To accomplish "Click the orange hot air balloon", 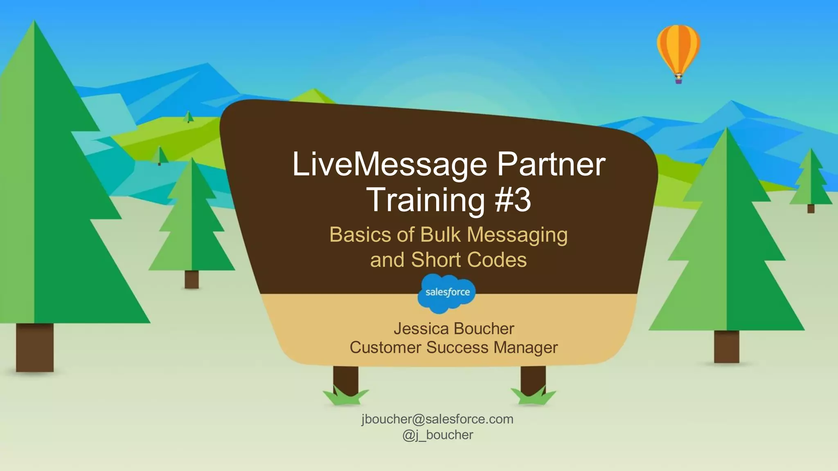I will tap(678, 48).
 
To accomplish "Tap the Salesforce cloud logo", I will tap(447, 293).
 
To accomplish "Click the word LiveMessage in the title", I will tap(389, 164).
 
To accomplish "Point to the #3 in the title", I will tap(513, 200).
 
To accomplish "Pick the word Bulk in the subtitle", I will tap(440, 235).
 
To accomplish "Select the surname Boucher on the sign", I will tap(484, 329).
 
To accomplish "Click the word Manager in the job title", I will tap(525, 348).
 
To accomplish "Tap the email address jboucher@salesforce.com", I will tap(437, 419).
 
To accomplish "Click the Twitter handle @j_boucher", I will tap(437, 435).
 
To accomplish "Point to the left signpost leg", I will tap(345, 378).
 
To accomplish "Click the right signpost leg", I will tap(533, 378).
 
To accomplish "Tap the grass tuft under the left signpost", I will tap(345, 397).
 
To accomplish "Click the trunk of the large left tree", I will tap(35, 348).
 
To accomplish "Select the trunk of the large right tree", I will tap(726, 347).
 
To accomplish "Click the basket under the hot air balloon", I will tap(678, 81).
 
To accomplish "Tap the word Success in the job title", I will tap(457, 348).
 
